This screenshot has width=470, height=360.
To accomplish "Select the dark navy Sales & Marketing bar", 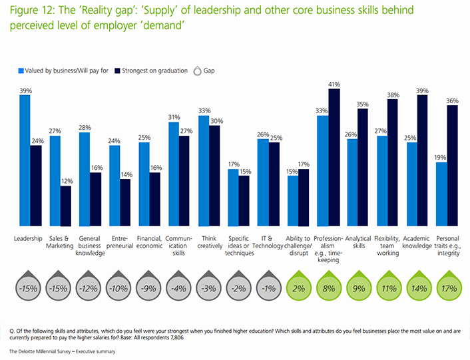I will pyautogui.click(x=65, y=206).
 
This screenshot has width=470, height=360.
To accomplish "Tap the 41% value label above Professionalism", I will pyautogui.click(x=334, y=85).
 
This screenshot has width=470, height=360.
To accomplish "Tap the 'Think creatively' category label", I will pyautogui.click(x=209, y=242).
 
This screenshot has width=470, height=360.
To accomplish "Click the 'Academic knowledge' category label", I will pyautogui.click(x=417, y=242).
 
